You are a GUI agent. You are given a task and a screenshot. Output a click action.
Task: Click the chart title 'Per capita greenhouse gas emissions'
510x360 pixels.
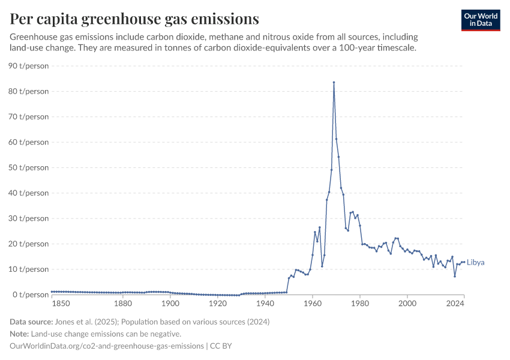click(134, 19)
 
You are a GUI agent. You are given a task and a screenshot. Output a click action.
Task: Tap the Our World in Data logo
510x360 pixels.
click(481, 20)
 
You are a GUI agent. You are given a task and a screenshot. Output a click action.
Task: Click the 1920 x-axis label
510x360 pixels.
click(217, 304)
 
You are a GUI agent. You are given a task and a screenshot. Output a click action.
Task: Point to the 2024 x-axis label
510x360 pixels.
click(455, 304)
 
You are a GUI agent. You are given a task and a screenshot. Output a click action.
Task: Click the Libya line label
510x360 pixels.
click(476, 263)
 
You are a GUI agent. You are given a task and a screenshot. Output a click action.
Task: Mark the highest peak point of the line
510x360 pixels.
click(334, 82)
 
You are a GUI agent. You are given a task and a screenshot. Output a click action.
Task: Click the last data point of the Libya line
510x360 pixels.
click(464, 262)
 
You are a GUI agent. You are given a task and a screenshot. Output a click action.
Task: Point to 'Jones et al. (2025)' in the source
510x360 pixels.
click(94, 322)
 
